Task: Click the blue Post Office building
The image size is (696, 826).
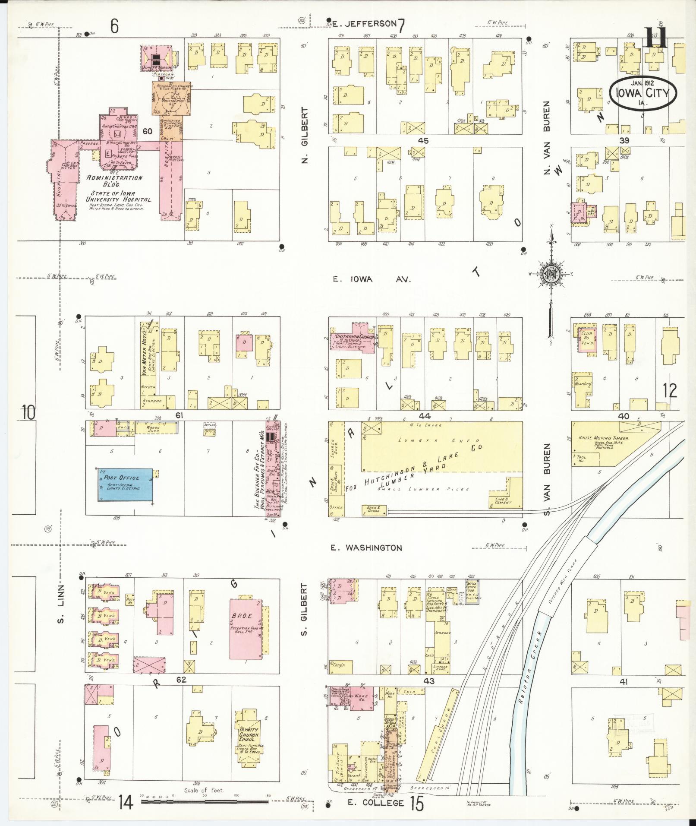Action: click(125, 486)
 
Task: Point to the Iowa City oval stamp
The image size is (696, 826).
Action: click(643, 92)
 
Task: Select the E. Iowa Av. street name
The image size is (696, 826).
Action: click(372, 279)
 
